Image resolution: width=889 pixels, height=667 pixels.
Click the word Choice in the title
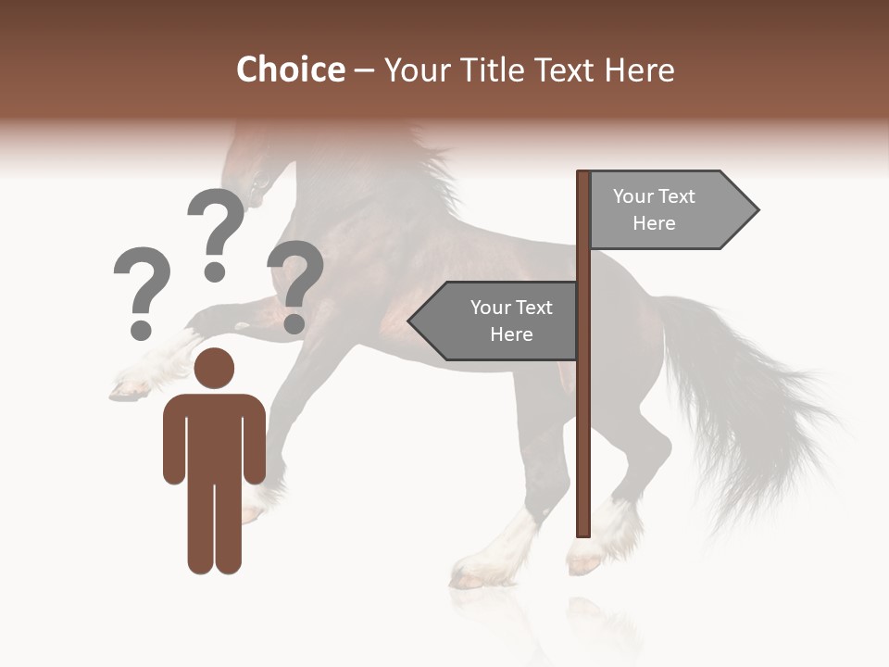pos(290,69)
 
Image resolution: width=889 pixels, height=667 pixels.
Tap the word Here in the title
pos(640,69)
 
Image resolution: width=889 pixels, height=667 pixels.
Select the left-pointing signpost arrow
pos(495,321)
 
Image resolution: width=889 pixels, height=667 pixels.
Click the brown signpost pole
pos(583,417)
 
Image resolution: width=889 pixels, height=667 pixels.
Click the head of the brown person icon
pos(215,368)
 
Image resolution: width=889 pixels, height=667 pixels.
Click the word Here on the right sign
pos(654,223)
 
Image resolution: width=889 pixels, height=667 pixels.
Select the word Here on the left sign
pos(511,334)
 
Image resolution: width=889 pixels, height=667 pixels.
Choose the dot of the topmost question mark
pos(215,271)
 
